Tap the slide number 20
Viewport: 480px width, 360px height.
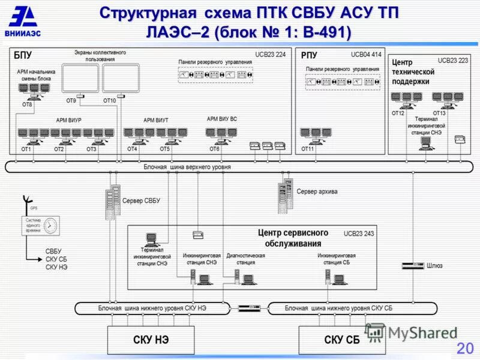(x=465, y=348)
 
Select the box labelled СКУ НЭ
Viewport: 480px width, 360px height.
(x=151, y=340)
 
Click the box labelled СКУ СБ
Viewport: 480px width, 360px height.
(x=341, y=340)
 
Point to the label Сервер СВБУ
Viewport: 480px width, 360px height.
(x=141, y=200)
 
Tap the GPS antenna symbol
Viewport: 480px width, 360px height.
(x=27, y=200)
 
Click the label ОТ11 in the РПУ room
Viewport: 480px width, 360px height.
(x=308, y=149)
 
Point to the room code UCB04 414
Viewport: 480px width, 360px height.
(x=366, y=55)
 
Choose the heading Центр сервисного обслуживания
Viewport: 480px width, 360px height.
(x=293, y=238)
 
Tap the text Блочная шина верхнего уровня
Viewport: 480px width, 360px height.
(x=187, y=167)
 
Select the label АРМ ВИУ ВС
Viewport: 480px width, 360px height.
(x=221, y=119)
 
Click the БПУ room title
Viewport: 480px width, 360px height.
(x=23, y=55)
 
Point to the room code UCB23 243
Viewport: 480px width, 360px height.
(x=359, y=233)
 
